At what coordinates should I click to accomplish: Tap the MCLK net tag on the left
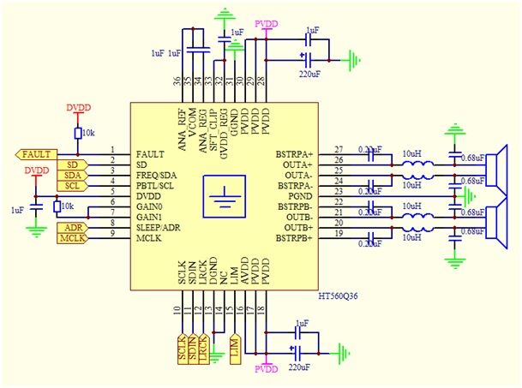pos(70,237)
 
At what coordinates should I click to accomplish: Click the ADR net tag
pos(70,227)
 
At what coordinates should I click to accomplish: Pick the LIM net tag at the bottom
pos(235,346)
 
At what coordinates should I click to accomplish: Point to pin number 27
pos(339,149)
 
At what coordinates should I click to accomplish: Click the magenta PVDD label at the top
pos(267,22)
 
